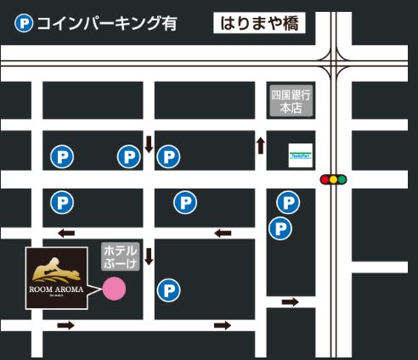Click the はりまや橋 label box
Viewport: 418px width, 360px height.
[x=259, y=23]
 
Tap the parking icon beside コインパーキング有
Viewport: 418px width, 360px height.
[x=24, y=24]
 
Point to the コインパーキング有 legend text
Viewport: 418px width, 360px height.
[x=106, y=24]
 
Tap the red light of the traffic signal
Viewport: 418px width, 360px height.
[x=325, y=179]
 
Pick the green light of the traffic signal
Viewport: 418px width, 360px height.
[x=342, y=179]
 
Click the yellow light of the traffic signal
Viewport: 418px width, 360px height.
[x=334, y=179]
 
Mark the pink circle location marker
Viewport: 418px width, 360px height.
[x=114, y=289]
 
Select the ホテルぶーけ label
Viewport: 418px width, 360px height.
[x=120, y=257]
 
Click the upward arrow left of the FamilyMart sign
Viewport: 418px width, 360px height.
[x=261, y=145]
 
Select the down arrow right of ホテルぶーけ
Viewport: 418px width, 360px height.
[x=149, y=256]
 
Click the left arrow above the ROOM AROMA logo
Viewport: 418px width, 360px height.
[x=65, y=233]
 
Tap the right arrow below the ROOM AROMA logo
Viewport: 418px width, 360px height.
[x=65, y=325]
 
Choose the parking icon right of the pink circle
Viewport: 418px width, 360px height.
[x=170, y=290]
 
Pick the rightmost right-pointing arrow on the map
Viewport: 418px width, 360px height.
[x=291, y=302]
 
